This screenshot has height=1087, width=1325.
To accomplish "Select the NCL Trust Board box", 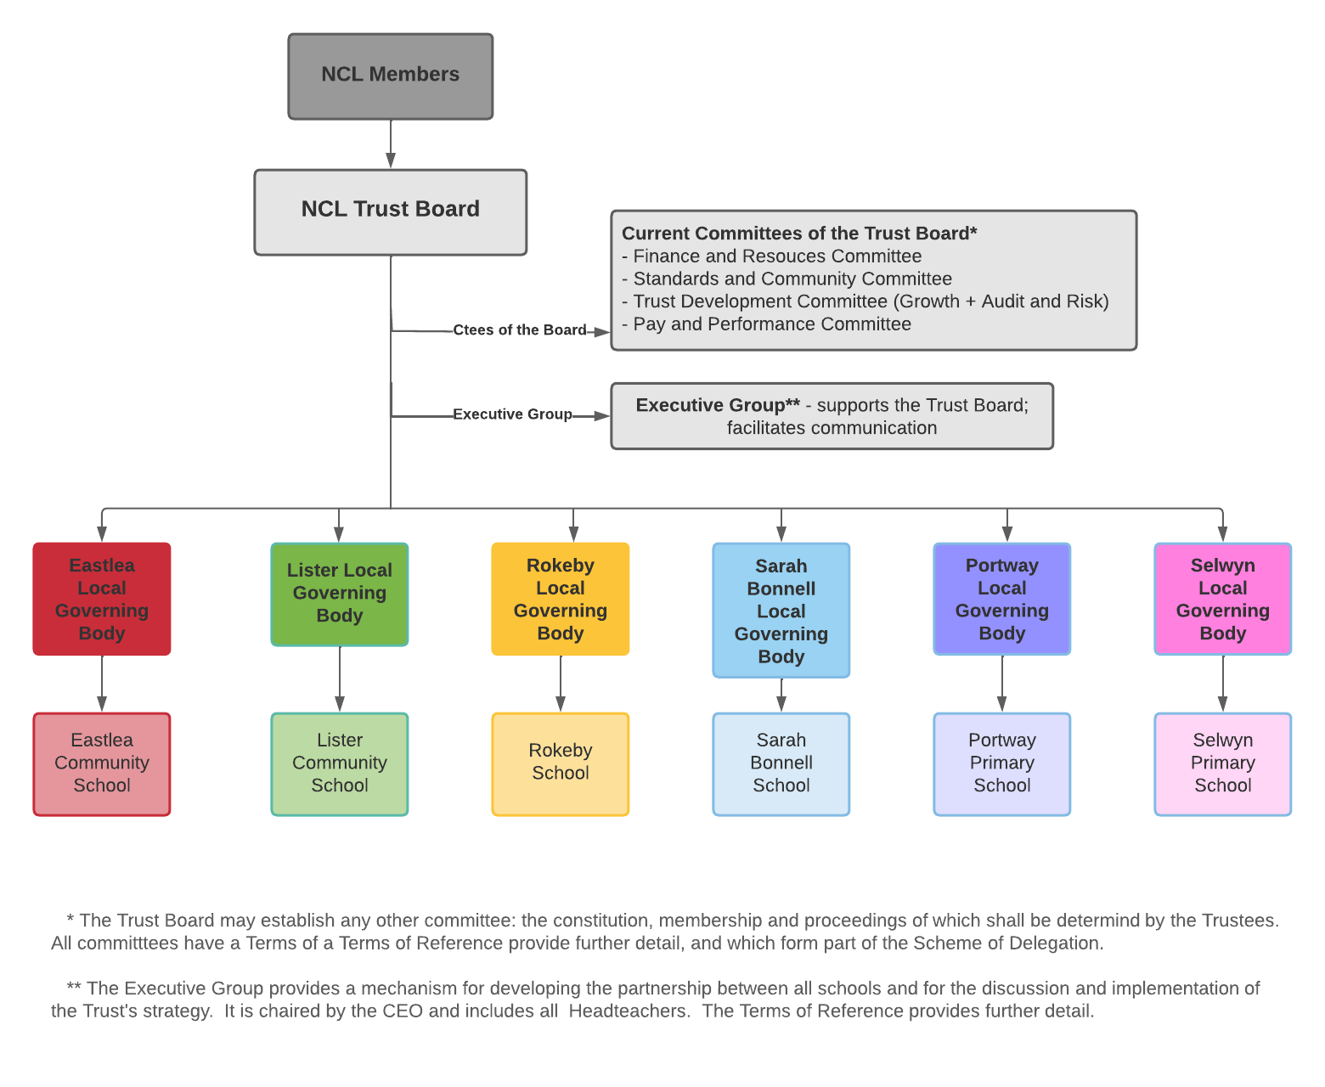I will [390, 211].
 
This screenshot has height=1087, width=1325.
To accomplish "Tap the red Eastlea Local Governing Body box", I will [102, 599].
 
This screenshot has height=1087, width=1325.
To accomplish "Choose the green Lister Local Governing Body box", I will [340, 594].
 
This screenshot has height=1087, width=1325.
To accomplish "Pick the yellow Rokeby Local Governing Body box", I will [561, 599].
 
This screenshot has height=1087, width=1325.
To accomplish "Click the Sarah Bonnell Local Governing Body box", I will [781, 610].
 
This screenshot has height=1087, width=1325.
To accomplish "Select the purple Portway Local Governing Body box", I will [1002, 599].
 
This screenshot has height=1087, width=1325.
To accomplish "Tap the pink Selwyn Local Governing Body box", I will [1223, 599].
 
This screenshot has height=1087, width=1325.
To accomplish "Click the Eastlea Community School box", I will [102, 763].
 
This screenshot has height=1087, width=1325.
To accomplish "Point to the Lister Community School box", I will [340, 763].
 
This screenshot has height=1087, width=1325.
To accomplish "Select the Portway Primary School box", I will [1002, 763].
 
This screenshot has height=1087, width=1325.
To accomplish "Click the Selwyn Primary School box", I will [1223, 763].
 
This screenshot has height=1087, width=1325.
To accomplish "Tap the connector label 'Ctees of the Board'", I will [519, 330].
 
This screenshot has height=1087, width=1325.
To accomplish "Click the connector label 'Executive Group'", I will [512, 414].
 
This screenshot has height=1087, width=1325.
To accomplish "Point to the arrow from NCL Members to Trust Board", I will [391, 144].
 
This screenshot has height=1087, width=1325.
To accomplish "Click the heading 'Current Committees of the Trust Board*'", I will [799, 234].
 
